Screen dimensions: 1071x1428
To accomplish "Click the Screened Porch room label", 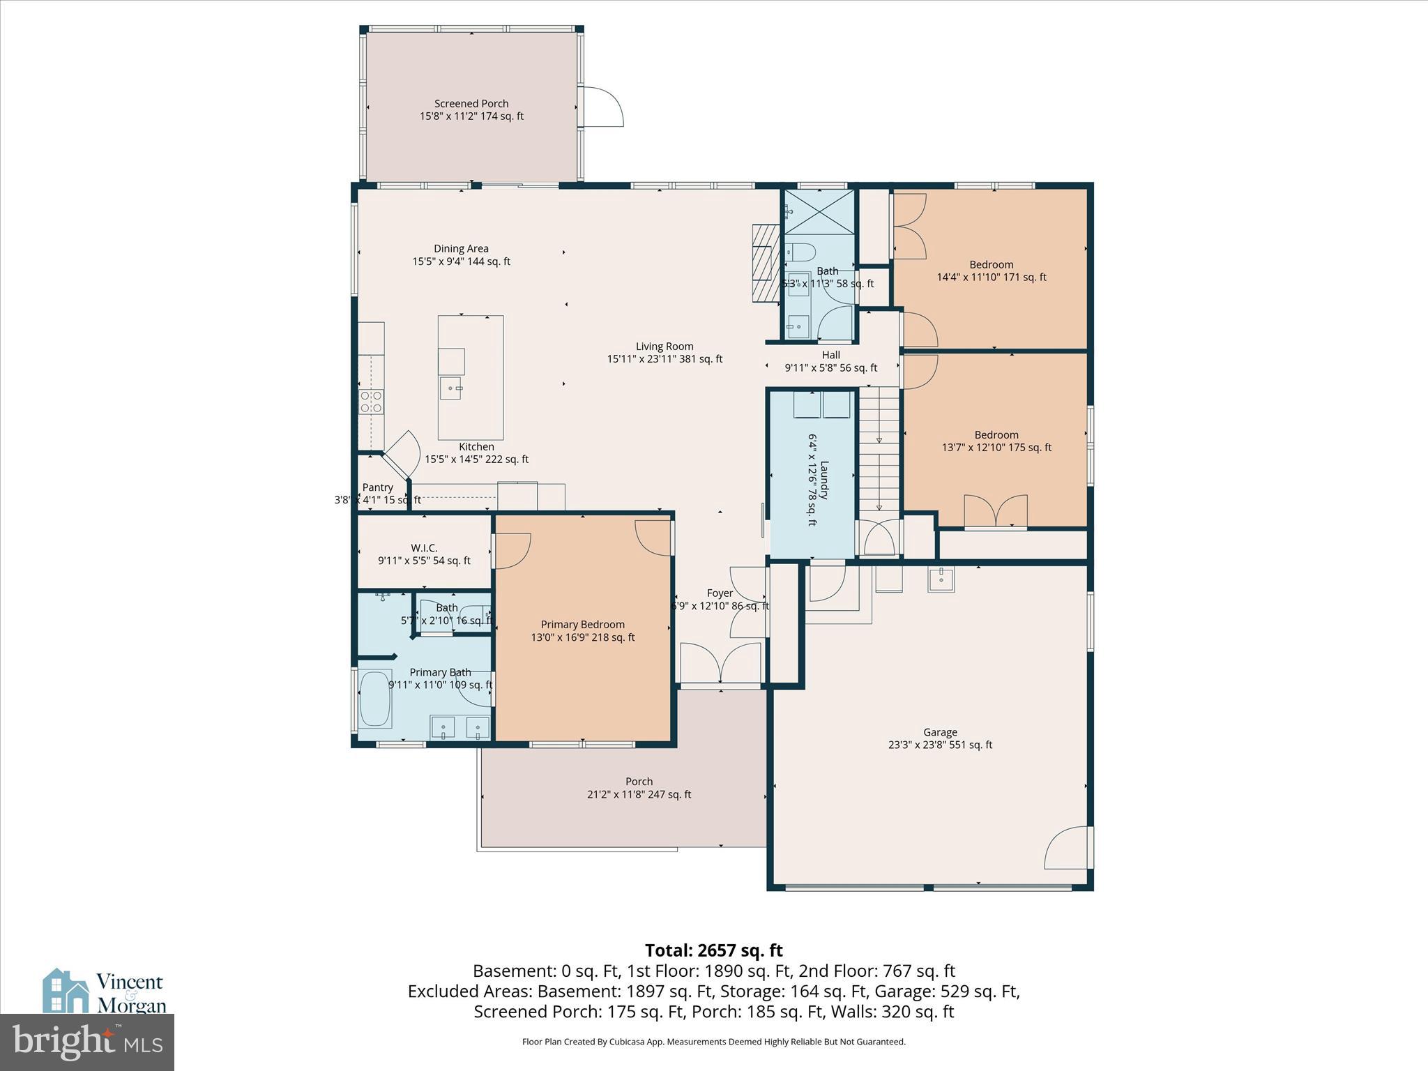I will point(471,104).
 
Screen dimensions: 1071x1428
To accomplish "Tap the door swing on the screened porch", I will point(602,107).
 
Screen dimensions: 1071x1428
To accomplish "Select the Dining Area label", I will point(461,249).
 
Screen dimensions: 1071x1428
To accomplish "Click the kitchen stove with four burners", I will point(371,402).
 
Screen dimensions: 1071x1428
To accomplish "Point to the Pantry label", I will point(378,487).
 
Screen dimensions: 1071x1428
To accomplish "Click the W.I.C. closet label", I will point(424,548).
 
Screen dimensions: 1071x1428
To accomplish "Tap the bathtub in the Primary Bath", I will point(375,699).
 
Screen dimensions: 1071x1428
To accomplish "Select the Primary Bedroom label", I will point(583,625).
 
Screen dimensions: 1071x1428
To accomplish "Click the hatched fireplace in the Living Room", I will point(766,263).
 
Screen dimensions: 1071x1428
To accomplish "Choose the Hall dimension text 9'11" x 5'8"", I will point(831,368).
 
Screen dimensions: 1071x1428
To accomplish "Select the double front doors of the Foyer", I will point(720,663).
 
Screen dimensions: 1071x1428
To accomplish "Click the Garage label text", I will point(940,732).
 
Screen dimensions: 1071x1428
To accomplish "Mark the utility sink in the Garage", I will point(941,579).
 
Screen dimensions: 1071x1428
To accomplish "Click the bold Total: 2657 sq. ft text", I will point(713,950).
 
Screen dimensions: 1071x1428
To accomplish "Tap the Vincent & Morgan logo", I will point(105,992).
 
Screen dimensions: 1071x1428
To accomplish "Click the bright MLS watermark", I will point(87,1042).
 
